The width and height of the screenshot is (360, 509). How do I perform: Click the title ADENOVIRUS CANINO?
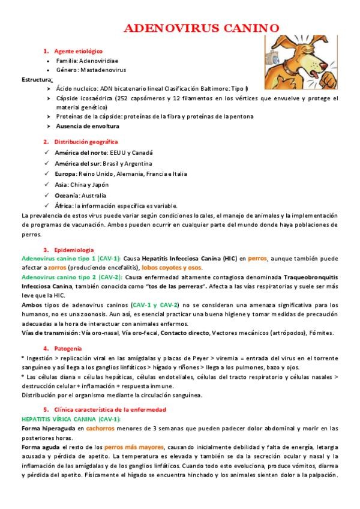pos(201,28)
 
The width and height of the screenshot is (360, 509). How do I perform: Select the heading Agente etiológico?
pos(79,51)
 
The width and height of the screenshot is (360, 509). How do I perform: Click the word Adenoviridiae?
pos(100,61)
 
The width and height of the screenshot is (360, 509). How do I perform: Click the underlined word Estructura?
pos(37,79)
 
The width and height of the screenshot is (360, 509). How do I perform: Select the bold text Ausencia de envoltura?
pos(88,126)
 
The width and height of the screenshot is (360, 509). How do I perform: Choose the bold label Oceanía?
pos(67,196)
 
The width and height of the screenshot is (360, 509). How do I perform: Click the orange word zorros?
pos(57,267)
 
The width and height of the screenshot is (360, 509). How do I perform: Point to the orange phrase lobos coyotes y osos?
pos(172,267)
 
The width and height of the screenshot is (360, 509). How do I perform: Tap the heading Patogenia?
pos(71,348)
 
